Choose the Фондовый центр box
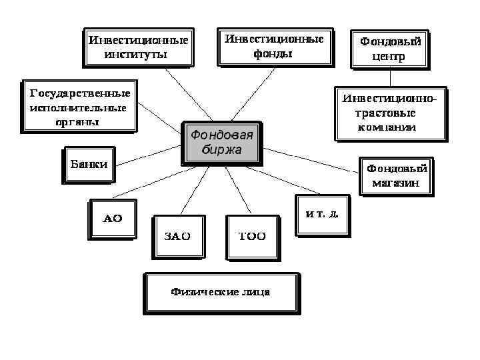389,48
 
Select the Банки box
89,163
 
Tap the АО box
111,219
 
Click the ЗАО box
177,236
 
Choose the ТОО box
251,236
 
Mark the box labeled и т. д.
322,215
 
